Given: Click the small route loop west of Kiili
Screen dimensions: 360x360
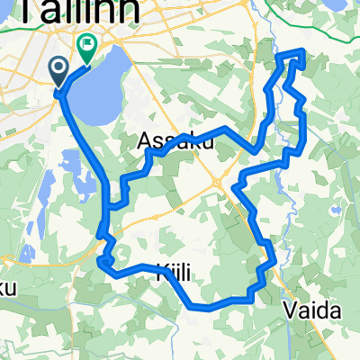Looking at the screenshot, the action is point(104,263).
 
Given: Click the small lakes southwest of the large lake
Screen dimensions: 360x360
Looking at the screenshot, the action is point(81,184).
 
